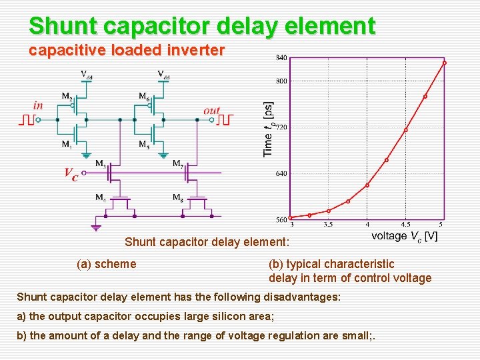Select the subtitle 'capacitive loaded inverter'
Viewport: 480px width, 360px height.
(x=127, y=50)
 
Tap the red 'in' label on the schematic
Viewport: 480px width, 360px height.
(x=38, y=105)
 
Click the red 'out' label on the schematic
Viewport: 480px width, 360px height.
(x=211, y=111)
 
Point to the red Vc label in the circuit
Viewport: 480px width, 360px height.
(x=71, y=174)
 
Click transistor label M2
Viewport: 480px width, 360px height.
(x=67, y=97)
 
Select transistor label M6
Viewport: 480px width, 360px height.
(x=143, y=97)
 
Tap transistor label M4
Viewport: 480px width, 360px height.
(x=100, y=197)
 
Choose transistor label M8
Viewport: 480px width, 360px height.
(x=178, y=197)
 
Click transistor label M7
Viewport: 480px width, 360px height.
(x=178, y=163)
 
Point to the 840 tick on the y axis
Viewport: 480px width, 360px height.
(x=281, y=58)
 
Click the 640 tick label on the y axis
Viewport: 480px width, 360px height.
(x=281, y=173)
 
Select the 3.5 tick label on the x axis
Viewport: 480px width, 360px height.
(x=329, y=225)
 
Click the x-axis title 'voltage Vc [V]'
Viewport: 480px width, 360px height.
(x=404, y=236)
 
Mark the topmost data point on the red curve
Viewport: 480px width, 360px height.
(x=444, y=63)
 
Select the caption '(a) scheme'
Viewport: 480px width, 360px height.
(x=107, y=264)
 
